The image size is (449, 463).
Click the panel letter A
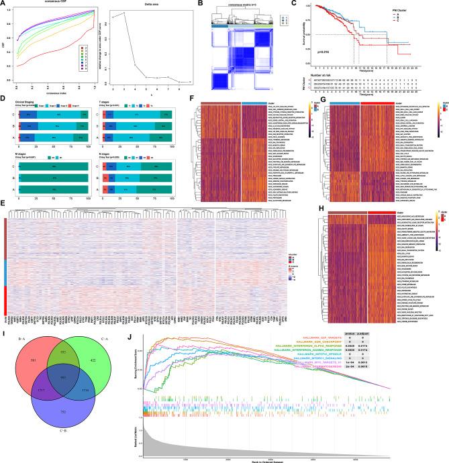coord(4,4)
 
